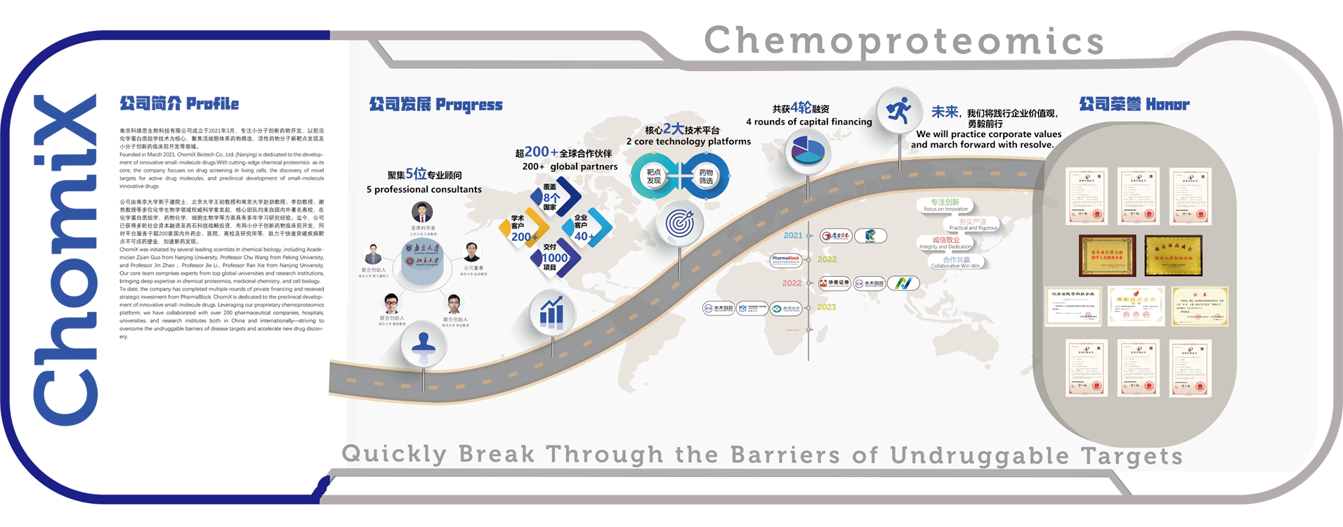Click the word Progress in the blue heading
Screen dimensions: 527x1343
click(469, 105)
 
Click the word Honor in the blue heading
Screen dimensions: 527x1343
click(1167, 105)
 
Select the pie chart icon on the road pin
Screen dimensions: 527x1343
click(808, 151)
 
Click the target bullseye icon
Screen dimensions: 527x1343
click(679, 223)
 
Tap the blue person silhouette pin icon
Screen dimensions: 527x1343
click(424, 344)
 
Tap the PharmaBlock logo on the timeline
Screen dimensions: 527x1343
click(786, 260)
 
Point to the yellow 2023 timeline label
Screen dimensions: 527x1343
click(826, 307)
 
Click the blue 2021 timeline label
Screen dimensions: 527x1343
click(793, 235)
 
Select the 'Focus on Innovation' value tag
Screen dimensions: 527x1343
click(945, 205)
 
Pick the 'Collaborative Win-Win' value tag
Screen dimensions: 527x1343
click(955, 262)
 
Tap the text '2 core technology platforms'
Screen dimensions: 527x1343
click(688, 141)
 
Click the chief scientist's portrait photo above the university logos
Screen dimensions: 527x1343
click(422, 213)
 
